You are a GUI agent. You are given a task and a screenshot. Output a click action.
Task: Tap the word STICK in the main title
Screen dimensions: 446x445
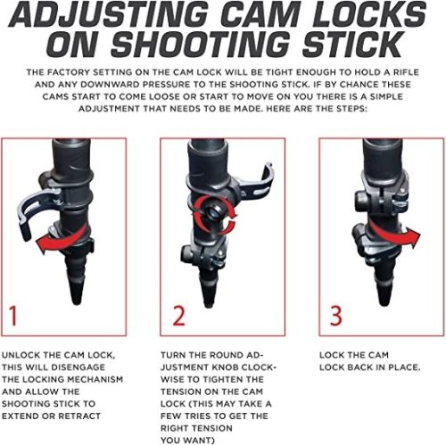click(352, 45)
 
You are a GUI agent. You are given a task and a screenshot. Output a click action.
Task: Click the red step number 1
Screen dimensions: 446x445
click(12, 315)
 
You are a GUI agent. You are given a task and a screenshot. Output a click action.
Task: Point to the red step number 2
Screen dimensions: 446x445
click(178, 315)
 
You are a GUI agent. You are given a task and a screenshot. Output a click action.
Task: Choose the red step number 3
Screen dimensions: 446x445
click(336, 315)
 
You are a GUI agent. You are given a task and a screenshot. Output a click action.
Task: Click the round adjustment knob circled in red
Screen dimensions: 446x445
click(213, 211)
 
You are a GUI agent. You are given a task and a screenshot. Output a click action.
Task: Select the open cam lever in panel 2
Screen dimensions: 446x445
click(259, 185)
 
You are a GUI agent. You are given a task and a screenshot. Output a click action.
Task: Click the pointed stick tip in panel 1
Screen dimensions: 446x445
click(77, 293)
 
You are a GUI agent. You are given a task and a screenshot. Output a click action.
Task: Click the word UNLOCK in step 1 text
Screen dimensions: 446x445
click(21, 355)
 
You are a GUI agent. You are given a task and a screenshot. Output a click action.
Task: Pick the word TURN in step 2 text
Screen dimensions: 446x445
click(173, 355)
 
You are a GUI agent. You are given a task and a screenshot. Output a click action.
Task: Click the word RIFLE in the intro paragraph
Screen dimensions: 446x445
click(406, 72)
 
